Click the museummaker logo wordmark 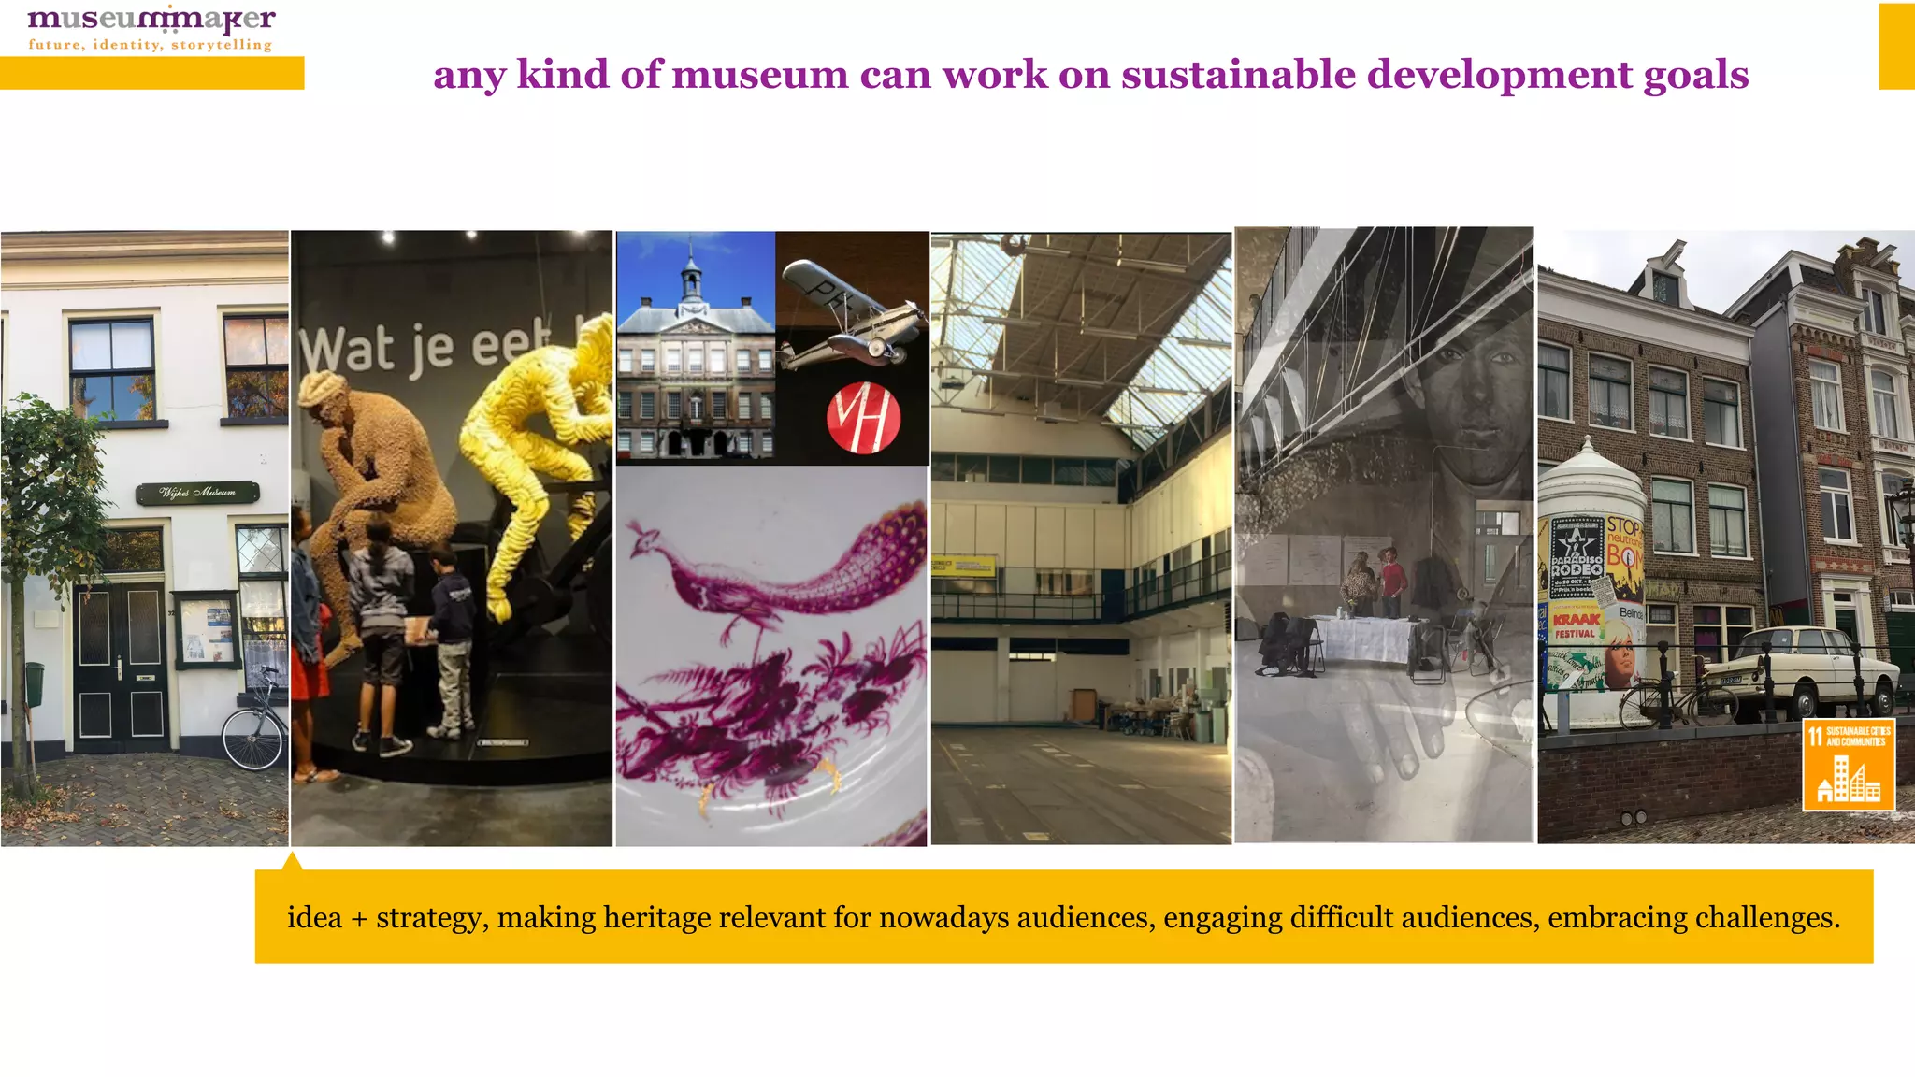click(151, 20)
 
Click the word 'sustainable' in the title click(1238, 75)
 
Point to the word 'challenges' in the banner click(1766, 918)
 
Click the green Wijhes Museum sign click(197, 492)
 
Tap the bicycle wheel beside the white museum click(252, 740)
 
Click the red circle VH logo click(863, 417)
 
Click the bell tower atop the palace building click(691, 271)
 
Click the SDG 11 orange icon click(1848, 764)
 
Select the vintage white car click(1800, 669)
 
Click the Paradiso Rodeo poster click(1577, 557)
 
